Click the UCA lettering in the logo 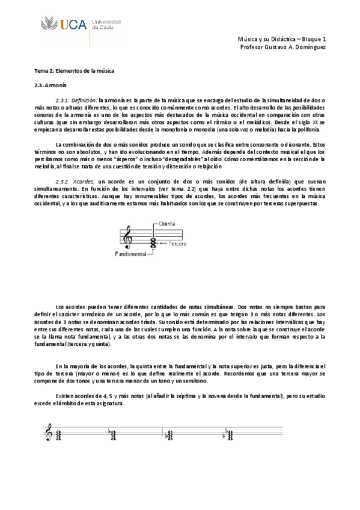click(x=72, y=25)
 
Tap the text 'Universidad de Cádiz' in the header click(x=106, y=24)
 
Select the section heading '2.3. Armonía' click(x=49, y=85)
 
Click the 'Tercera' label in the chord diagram click(x=177, y=244)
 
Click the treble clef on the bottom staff click(x=48, y=432)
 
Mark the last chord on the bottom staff click(x=228, y=433)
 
